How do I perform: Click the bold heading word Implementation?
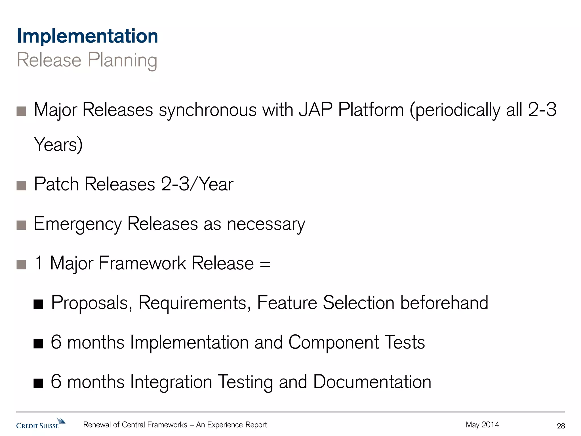[x=87, y=36]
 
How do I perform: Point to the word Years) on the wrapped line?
[x=58, y=144]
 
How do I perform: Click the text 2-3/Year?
[x=197, y=184]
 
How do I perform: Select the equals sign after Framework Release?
[x=265, y=264]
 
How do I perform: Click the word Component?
[x=334, y=343]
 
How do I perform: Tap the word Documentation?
[x=372, y=382]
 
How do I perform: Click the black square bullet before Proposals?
[x=38, y=304]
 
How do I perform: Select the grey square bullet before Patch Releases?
[x=21, y=186]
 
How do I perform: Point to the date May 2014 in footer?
[x=482, y=425]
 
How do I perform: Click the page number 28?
[x=561, y=426]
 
